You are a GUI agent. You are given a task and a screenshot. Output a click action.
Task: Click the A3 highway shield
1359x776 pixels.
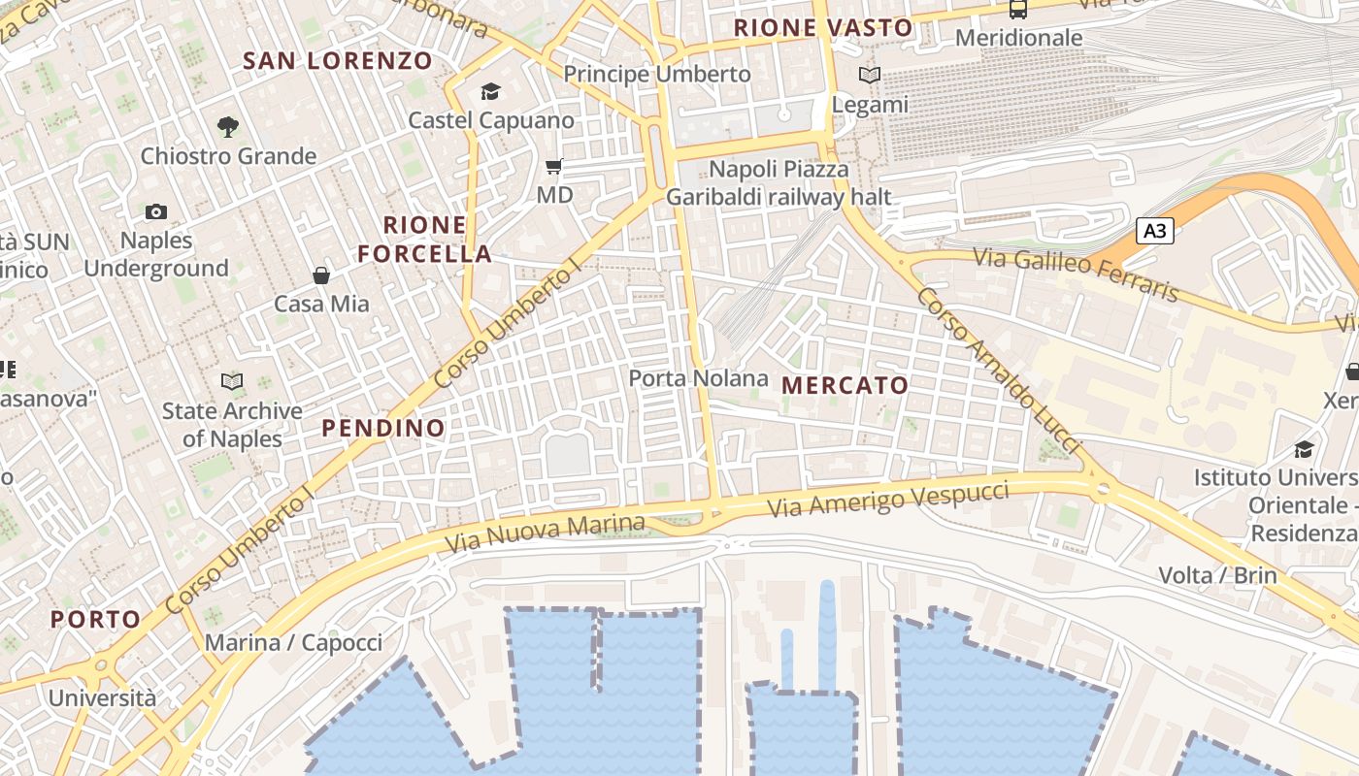tap(1154, 231)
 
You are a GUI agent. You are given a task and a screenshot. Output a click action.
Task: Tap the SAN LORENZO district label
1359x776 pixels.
tap(338, 61)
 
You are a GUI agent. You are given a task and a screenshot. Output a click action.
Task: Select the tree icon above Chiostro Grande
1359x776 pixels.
tap(228, 126)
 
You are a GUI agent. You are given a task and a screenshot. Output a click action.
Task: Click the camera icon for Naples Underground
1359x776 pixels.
tap(155, 211)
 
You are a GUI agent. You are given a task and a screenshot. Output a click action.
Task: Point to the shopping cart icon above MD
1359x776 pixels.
tap(554, 166)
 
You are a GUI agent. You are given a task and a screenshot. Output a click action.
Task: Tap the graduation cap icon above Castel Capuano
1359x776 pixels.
tap(490, 92)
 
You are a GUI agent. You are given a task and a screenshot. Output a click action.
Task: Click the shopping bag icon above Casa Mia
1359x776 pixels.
tap(321, 275)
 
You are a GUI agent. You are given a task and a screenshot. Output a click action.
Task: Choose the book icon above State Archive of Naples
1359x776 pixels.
tap(232, 381)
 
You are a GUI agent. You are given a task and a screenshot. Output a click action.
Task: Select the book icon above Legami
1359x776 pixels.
tap(870, 75)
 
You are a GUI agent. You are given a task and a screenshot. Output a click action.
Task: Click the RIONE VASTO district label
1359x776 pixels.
tap(823, 28)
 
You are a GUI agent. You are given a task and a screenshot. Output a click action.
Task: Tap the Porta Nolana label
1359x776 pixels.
tap(698, 378)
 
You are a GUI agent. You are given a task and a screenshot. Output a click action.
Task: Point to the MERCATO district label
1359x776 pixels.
tap(845, 385)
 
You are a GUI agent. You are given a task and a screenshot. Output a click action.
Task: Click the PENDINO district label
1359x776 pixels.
tap(383, 428)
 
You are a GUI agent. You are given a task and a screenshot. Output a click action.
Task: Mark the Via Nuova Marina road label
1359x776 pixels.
tap(545, 533)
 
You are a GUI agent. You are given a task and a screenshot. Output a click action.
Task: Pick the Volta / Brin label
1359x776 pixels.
tap(1217, 575)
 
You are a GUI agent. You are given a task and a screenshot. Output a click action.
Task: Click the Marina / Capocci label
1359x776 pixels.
tap(293, 642)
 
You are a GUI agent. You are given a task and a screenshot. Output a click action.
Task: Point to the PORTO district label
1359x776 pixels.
tap(95, 619)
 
